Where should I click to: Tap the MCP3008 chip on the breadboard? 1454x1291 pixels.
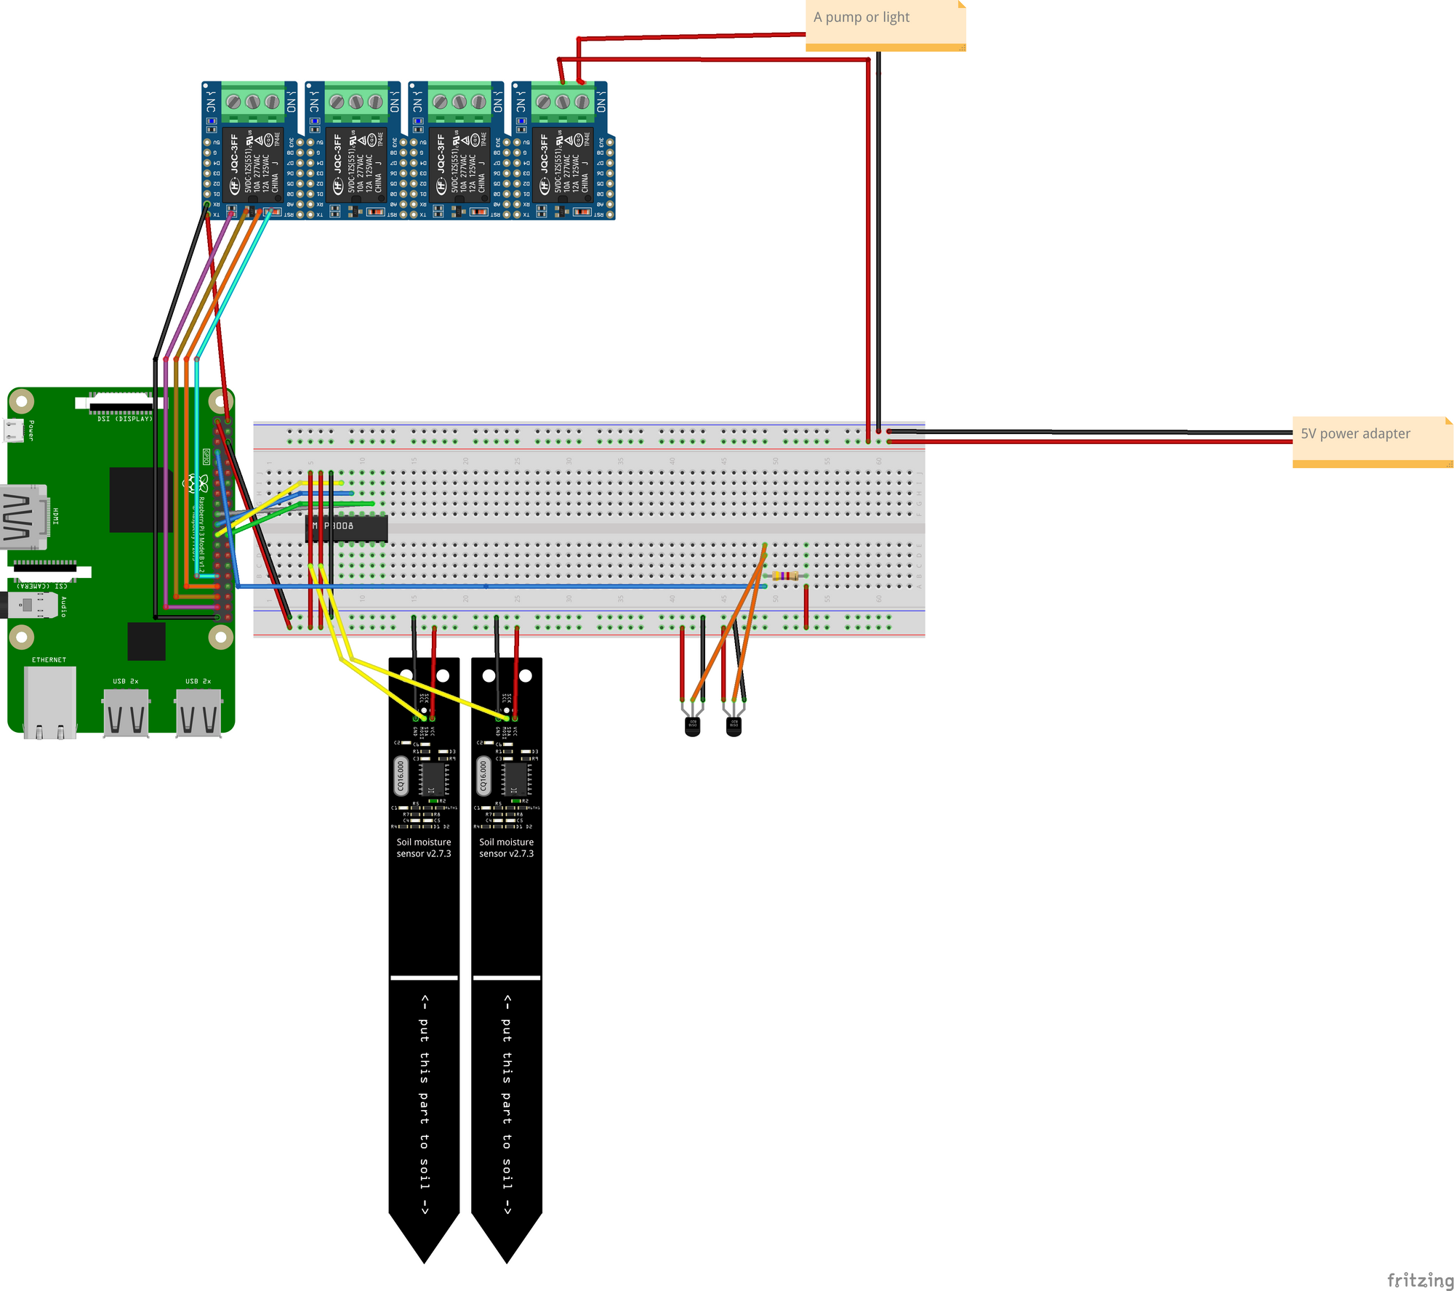346,528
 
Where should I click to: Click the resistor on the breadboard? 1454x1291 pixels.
785,576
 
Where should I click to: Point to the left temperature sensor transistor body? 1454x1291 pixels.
692,726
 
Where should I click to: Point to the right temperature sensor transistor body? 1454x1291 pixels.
734,726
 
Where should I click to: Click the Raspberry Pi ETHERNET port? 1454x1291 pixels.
49,701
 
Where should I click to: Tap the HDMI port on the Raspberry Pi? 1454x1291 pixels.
24,517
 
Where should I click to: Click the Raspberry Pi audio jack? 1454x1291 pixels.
29,605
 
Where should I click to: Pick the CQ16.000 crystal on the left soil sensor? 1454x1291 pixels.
401,776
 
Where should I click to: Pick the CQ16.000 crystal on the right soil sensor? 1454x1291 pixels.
483,776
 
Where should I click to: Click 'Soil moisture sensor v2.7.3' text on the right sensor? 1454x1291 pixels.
506,848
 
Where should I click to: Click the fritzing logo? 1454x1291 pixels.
1419,1280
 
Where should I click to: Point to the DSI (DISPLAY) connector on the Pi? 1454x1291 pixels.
120,403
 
